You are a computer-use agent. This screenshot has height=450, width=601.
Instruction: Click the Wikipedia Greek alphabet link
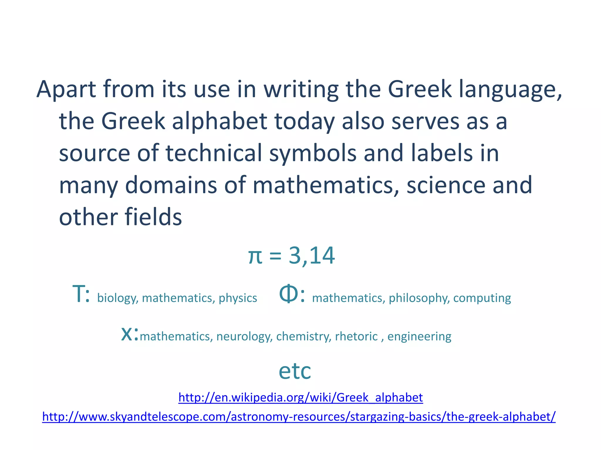[x=300, y=398]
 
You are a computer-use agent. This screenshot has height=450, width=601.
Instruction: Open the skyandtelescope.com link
[x=299, y=417]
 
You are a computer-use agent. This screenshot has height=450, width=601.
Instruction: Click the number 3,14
[x=312, y=255]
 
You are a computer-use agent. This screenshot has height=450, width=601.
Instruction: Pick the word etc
[x=294, y=371]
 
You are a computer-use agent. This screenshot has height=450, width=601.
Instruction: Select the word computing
[x=482, y=298]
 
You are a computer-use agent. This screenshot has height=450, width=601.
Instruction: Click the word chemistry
[x=303, y=337]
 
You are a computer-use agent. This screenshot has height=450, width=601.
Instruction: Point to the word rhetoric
[x=356, y=337]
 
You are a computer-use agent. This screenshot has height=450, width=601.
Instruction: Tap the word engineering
[x=419, y=337]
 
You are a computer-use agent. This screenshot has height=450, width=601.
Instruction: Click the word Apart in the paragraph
[x=66, y=89]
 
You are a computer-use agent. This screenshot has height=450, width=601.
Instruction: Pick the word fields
[x=153, y=217]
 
